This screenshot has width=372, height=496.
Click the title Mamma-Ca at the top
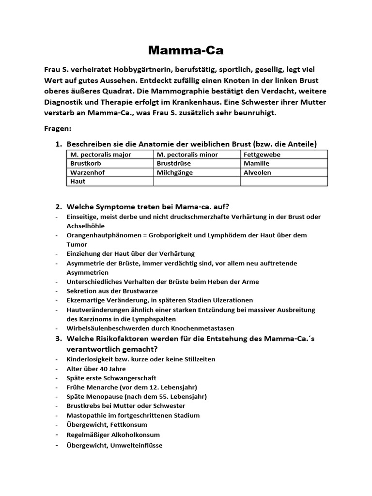click(186, 50)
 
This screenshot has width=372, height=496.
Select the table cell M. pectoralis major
click(101, 155)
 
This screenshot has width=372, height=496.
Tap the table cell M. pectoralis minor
click(187, 155)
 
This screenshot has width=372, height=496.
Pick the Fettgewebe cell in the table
click(262, 155)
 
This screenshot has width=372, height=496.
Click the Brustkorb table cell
click(85, 164)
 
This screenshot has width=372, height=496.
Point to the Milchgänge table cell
click(175, 172)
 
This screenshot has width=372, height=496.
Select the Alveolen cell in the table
click(258, 172)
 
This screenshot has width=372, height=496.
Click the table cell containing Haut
click(78, 182)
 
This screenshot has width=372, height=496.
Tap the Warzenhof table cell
click(87, 172)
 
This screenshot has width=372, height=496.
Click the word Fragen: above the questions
click(58, 129)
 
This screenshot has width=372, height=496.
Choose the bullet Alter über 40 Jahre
click(96, 369)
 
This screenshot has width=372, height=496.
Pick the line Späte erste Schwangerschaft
click(111, 378)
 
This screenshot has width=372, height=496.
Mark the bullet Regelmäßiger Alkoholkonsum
click(113, 434)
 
